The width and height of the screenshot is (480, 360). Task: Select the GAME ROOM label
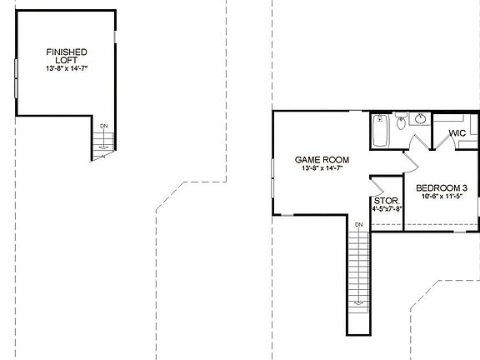pos(322,159)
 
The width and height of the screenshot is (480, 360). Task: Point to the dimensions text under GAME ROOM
pos(322,168)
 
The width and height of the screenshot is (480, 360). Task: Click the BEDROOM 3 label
pos(441,188)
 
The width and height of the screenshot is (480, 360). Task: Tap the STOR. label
pos(385,200)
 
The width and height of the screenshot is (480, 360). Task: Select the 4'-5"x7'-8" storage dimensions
pos(386,208)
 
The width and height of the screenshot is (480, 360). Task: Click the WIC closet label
pos(457,133)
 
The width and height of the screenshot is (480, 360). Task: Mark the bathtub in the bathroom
pos(380,132)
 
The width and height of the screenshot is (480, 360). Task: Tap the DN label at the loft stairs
pos(103,126)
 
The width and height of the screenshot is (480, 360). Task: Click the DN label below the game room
pos(358,225)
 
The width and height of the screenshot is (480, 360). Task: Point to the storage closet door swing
pos(379,184)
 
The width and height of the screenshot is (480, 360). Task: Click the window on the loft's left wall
pos(16,77)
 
